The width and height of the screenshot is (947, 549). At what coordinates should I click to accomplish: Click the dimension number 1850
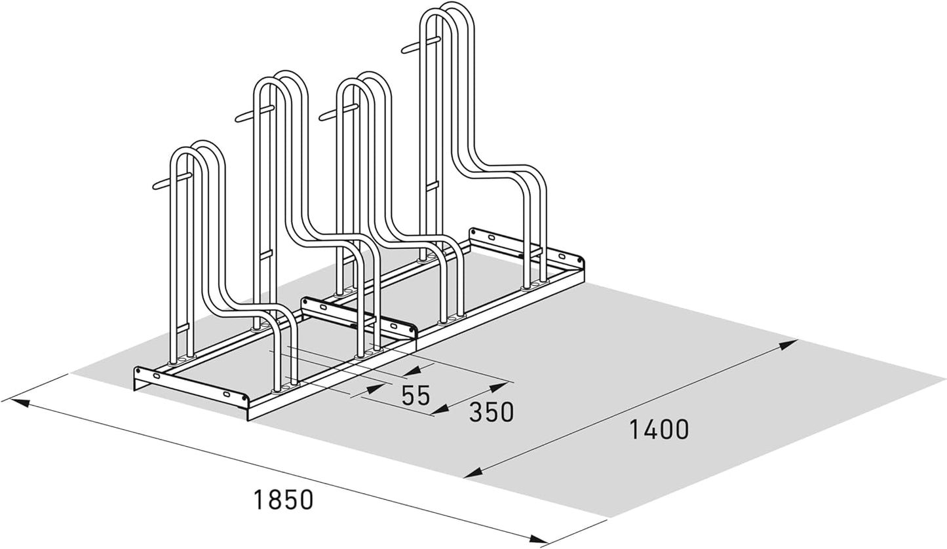(x=283, y=499)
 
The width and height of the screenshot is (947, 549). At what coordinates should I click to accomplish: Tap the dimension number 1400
(x=659, y=429)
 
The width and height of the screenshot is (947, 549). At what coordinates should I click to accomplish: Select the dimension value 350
(x=491, y=412)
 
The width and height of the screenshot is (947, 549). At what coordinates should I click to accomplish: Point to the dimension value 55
(x=416, y=396)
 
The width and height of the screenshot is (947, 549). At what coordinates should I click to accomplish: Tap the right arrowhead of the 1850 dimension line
(x=538, y=539)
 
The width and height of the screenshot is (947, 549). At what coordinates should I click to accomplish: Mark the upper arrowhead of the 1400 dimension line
(x=787, y=345)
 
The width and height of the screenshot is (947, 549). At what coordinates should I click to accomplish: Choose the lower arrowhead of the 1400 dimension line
(x=473, y=473)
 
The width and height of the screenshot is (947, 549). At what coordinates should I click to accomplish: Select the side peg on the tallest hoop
(x=421, y=45)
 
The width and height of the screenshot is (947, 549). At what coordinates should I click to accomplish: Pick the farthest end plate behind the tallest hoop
(x=527, y=247)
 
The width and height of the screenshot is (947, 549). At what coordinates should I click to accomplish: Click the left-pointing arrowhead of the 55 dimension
(x=411, y=371)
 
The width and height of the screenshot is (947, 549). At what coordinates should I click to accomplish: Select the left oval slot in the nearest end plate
(x=156, y=376)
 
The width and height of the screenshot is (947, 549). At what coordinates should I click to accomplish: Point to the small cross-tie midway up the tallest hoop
(x=432, y=186)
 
